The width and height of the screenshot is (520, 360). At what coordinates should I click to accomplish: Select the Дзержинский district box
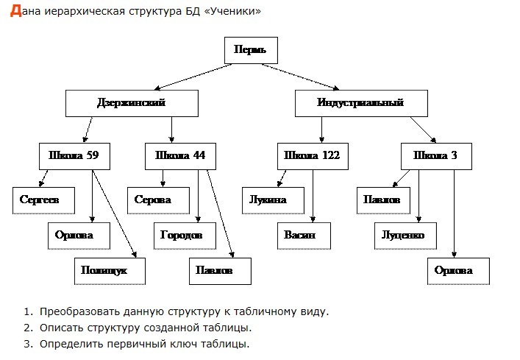(x=131, y=103)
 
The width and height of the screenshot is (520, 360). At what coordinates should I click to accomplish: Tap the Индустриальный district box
(x=361, y=103)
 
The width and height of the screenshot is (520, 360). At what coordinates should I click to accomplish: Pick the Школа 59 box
(x=74, y=156)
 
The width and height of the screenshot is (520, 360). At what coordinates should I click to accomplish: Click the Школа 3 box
(x=435, y=156)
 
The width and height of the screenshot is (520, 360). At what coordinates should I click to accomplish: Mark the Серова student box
(x=153, y=200)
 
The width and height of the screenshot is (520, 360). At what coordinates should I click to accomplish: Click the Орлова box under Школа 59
(x=74, y=235)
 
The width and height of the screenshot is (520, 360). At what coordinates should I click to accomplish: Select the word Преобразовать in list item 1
(x=76, y=311)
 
